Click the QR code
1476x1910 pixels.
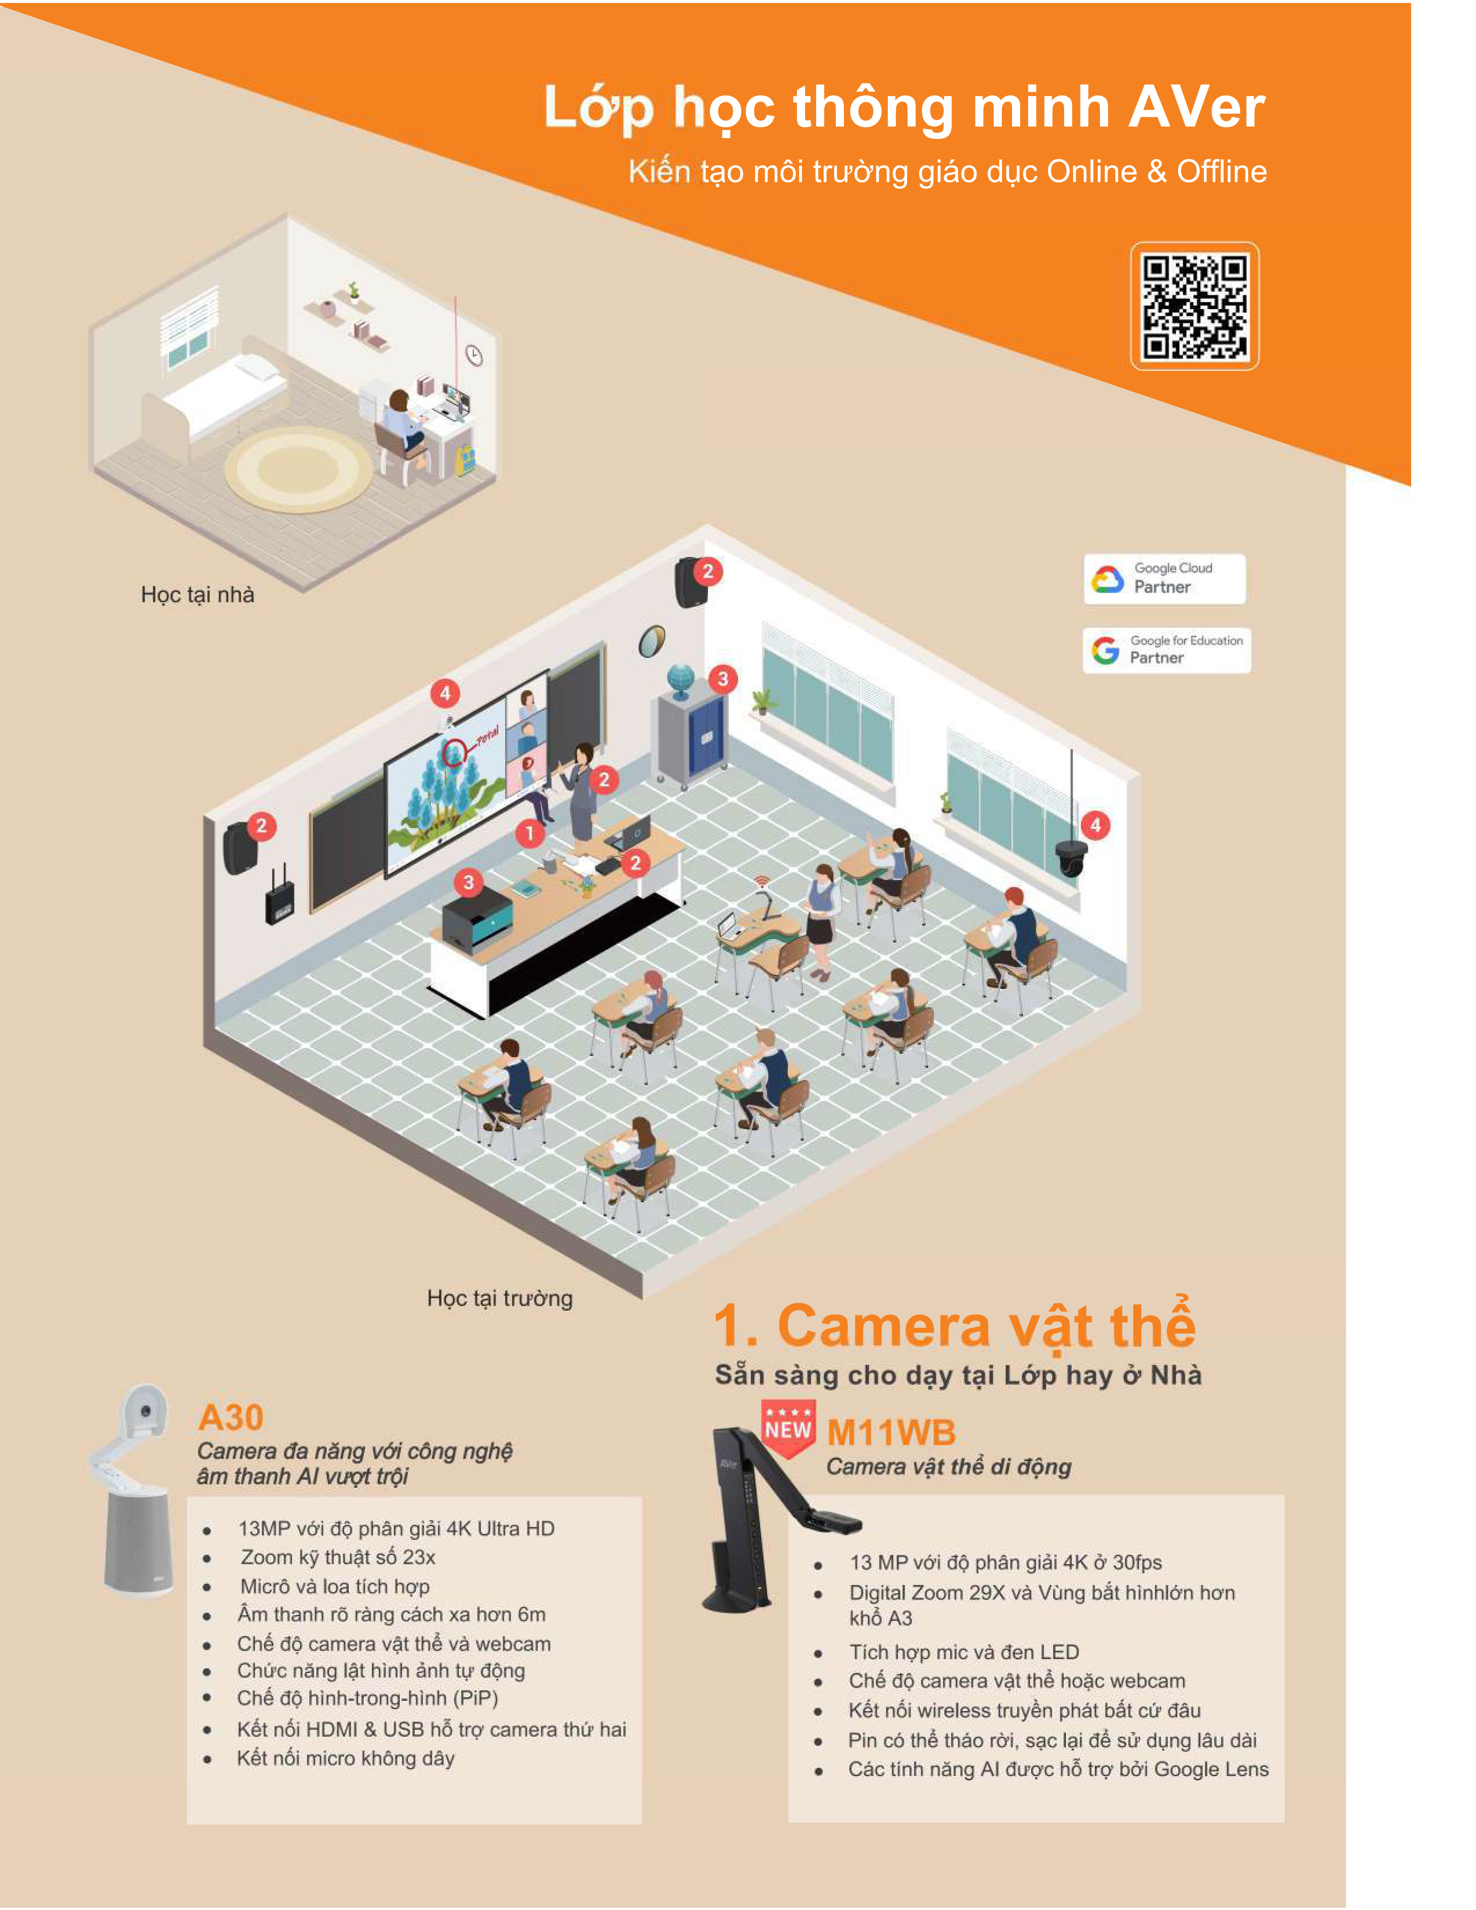click(x=1194, y=306)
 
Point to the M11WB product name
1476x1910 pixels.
click(x=891, y=1432)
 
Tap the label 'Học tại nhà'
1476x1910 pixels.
click(x=198, y=595)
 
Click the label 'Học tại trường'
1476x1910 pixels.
click(x=499, y=1298)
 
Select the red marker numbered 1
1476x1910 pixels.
click(x=529, y=833)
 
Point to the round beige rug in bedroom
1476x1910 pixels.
click(x=298, y=470)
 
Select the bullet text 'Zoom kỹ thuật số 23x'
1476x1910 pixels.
click(x=337, y=1557)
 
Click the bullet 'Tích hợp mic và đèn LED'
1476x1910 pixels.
click(x=964, y=1651)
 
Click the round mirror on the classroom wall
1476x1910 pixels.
click(x=651, y=641)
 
